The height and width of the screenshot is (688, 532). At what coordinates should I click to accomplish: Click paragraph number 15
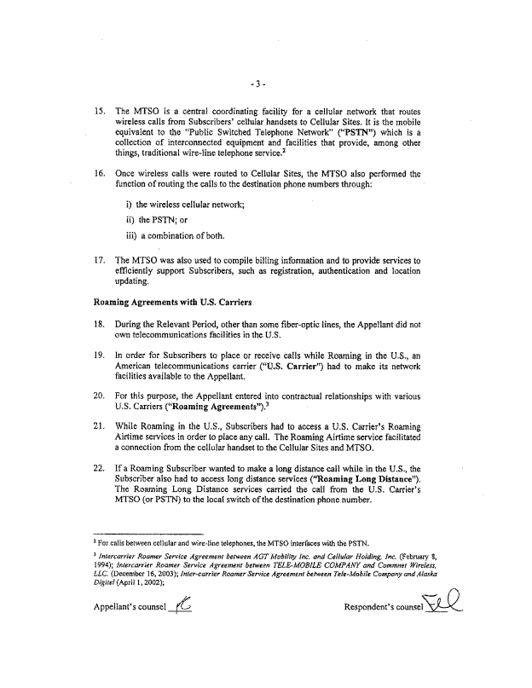99,112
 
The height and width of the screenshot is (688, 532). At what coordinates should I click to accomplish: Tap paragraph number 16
99,174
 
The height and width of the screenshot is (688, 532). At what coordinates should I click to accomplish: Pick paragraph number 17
99,259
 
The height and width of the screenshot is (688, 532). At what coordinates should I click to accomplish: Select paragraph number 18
99,325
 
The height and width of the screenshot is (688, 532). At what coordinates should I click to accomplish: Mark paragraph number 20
99,397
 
